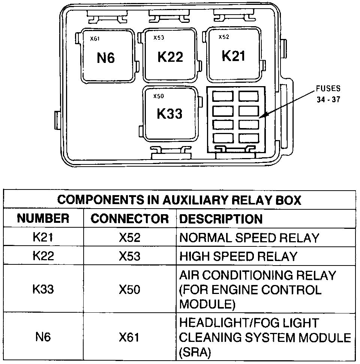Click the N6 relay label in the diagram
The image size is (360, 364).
[x=106, y=58]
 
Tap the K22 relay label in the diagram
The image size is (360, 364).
[x=170, y=57]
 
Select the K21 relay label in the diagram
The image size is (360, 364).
[x=233, y=56]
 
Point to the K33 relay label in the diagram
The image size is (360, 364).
[x=169, y=114]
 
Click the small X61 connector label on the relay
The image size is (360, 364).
[x=94, y=38]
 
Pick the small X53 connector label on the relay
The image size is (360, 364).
[x=159, y=37]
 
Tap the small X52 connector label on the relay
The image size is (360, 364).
[x=224, y=37]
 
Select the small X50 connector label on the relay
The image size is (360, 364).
[x=159, y=96]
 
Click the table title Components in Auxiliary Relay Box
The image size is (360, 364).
[x=179, y=200]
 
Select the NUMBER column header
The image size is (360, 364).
[x=43, y=219]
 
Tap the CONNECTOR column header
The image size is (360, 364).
[x=130, y=219]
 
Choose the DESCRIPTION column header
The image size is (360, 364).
[x=221, y=219]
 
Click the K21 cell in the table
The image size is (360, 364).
[x=43, y=237]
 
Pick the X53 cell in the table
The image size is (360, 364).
[x=130, y=256]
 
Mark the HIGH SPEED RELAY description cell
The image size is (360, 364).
[x=238, y=256]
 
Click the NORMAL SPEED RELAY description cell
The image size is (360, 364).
[x=249, y=237]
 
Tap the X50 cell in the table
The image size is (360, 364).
[x=130, y=289]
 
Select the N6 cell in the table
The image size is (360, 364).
[x=43, y=337]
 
